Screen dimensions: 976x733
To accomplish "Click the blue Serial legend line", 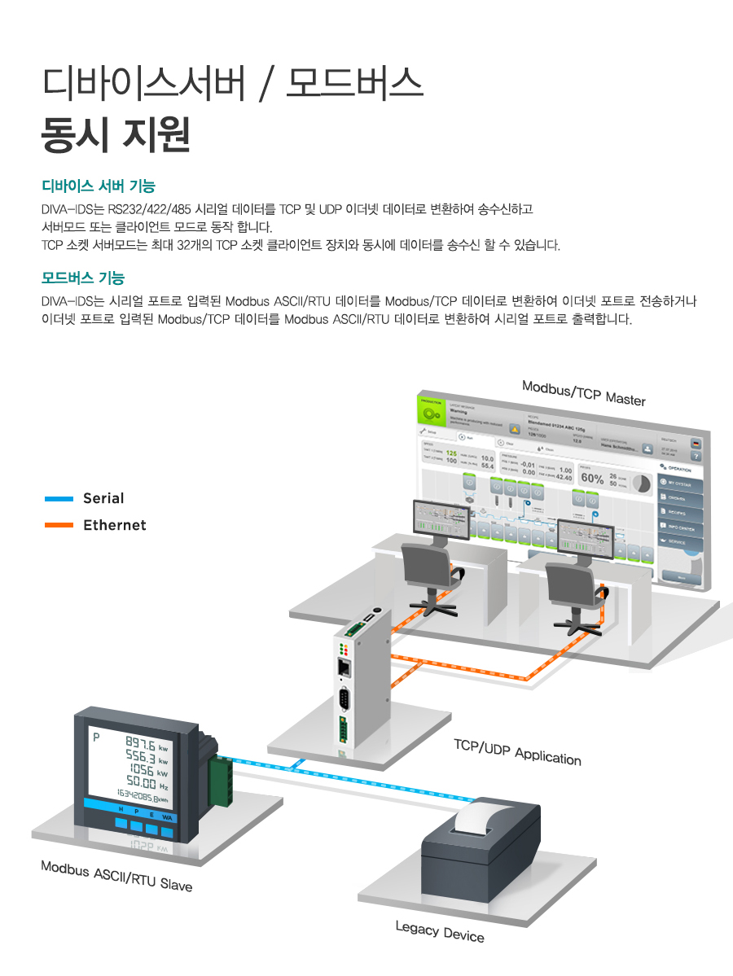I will point(59,498).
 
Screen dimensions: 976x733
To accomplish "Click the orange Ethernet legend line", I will point(59,526).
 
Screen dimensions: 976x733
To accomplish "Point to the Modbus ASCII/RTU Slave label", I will point(116,875).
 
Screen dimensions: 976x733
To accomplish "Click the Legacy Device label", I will point(440,931).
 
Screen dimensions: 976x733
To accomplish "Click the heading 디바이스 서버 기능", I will point(98,186).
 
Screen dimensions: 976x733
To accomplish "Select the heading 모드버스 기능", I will point(82,278).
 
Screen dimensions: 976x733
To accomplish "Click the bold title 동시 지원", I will point(116,134).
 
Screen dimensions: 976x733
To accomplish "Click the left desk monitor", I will point(442,520).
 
